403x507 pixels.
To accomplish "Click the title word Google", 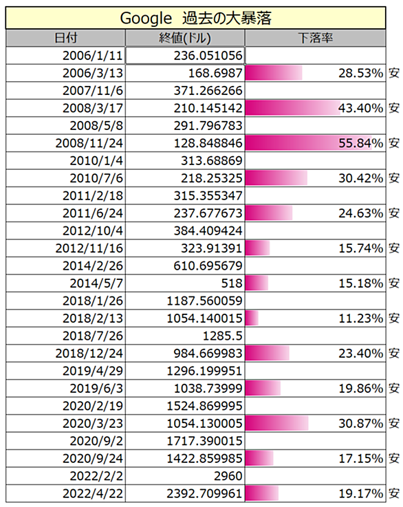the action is click(146, 19).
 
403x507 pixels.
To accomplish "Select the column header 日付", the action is click(65, 38).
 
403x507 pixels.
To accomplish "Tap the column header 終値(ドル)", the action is click(185, 39).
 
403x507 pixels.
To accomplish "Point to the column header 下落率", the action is click(315, 38).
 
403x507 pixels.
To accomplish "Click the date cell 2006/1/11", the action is click(93, 56).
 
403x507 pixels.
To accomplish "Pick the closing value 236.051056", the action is click(208, 56).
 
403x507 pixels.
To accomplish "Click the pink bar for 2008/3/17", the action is click(292, 108).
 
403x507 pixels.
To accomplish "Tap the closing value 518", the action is click(231, 283).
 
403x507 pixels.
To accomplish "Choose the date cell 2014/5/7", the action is click(96, 283).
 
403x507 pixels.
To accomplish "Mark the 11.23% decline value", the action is click(360, 319).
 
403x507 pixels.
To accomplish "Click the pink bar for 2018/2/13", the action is click(252, 319).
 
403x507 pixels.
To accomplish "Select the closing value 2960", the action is click(228, 476).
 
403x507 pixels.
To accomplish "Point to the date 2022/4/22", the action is click(93, 494).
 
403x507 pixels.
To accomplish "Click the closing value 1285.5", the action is click(222, 336).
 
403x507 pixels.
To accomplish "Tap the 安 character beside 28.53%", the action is click(394, 73).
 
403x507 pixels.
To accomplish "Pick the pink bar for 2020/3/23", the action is click(276, 423).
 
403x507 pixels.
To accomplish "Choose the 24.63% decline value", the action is click(360, 213).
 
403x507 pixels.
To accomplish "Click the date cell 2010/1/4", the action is click(96, 161).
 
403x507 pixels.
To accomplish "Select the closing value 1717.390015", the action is click(204, 441).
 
